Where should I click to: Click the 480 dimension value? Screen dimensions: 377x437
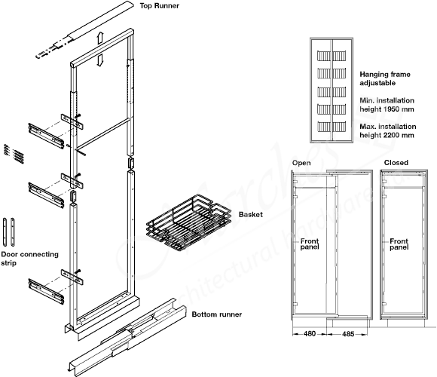[309, 334]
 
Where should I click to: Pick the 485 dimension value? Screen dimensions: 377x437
[350, 334]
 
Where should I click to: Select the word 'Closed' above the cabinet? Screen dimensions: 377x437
[396, 163]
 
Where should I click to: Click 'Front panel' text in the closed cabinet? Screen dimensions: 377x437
[400, 244]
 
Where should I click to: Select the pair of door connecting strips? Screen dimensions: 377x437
[10, 229]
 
